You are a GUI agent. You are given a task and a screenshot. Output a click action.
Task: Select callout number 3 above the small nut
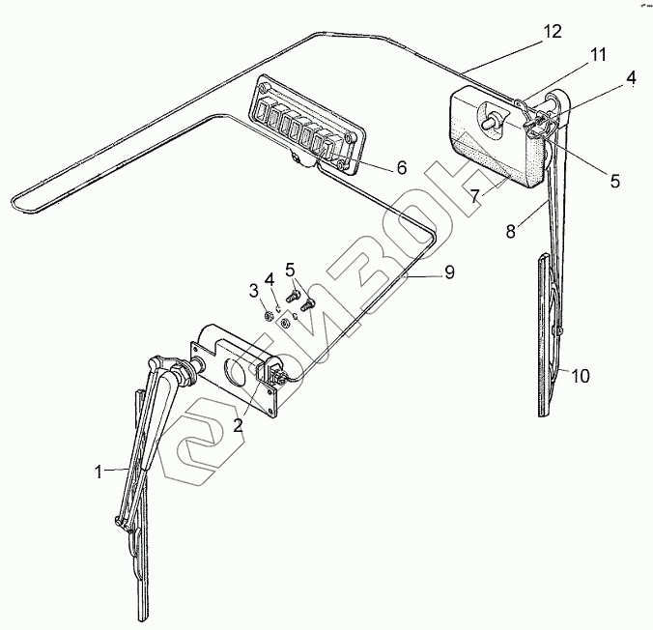[253, 291]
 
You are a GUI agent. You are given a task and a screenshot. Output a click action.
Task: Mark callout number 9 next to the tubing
[448, 274]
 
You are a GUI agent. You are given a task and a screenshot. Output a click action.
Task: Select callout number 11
[598, 55]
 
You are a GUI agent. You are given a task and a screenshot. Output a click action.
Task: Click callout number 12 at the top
[552, 30]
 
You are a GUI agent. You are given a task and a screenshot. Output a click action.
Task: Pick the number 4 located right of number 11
[631, 78]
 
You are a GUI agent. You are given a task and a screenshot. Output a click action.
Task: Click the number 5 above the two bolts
[290, 268]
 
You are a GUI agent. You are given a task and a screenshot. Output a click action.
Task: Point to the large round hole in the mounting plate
[236, 370]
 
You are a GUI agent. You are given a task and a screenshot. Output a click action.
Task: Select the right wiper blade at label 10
[548, 329]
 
